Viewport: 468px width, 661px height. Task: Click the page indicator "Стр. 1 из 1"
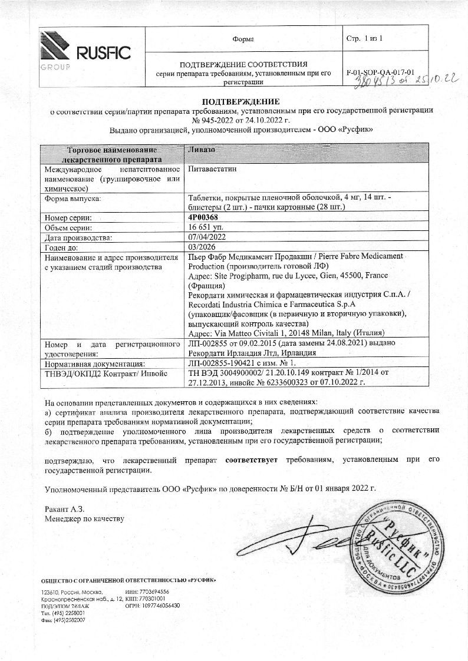point(365,39)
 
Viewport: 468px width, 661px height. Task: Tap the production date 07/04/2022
point(205,237)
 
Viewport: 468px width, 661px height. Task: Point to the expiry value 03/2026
point(200,247)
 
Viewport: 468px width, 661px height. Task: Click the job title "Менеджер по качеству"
point(84,518)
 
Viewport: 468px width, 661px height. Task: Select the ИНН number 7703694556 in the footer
point(154,591)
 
